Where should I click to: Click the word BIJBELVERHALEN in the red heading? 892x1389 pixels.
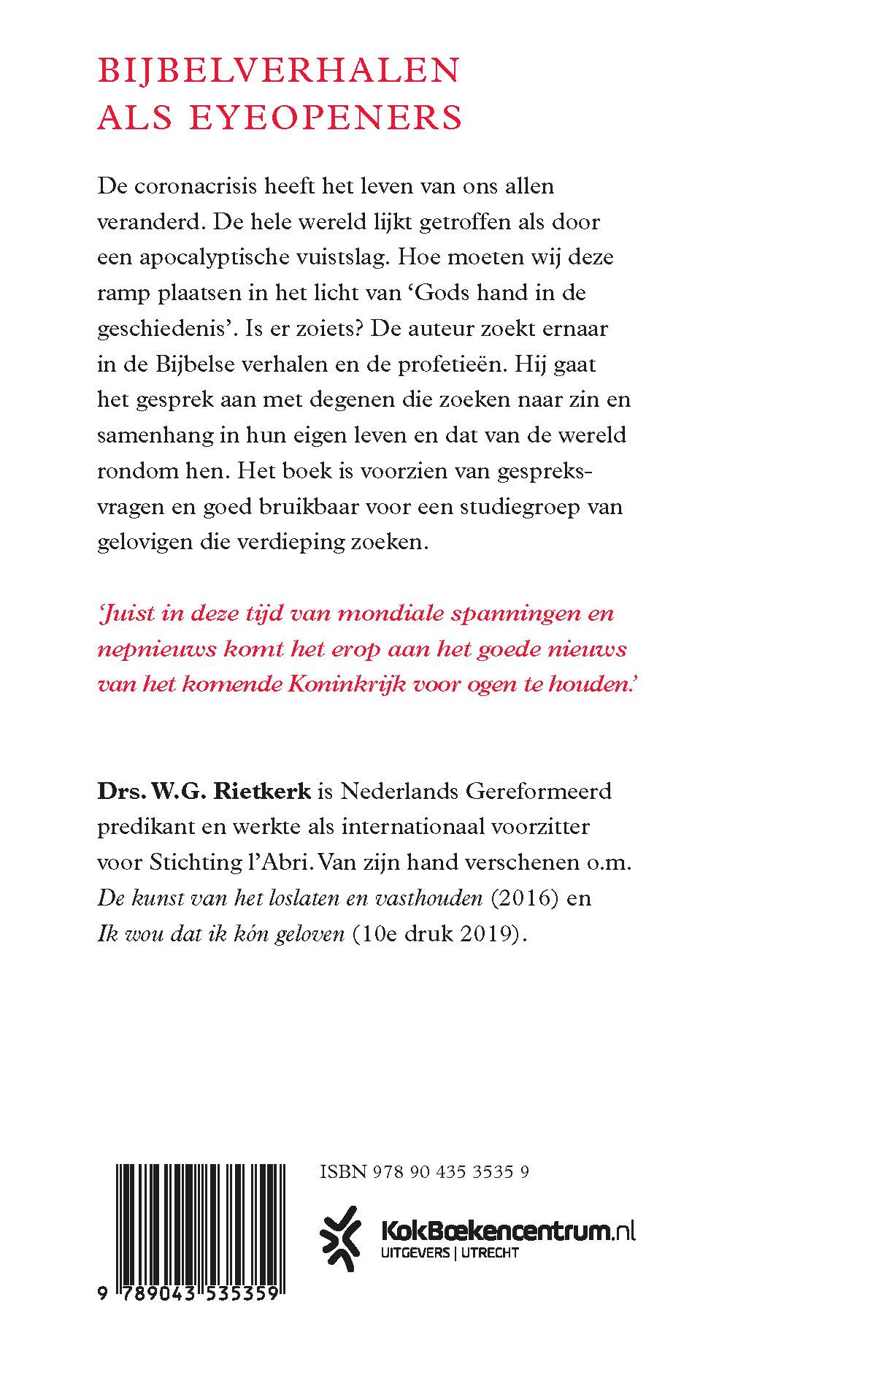coord(279,71)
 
